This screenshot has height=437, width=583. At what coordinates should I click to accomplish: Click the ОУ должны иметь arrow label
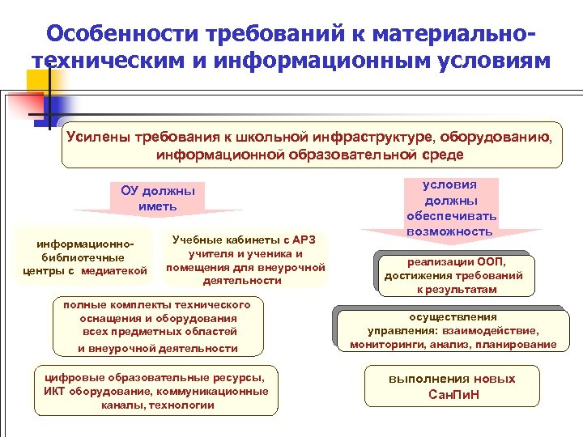158,198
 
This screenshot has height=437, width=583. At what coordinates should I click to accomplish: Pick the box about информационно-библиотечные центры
83,257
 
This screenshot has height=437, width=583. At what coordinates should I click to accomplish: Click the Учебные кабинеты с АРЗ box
244,259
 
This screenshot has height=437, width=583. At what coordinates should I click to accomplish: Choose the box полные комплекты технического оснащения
158,325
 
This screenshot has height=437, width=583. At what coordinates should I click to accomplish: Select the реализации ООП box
453,274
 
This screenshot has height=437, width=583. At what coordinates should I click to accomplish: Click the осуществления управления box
453,330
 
